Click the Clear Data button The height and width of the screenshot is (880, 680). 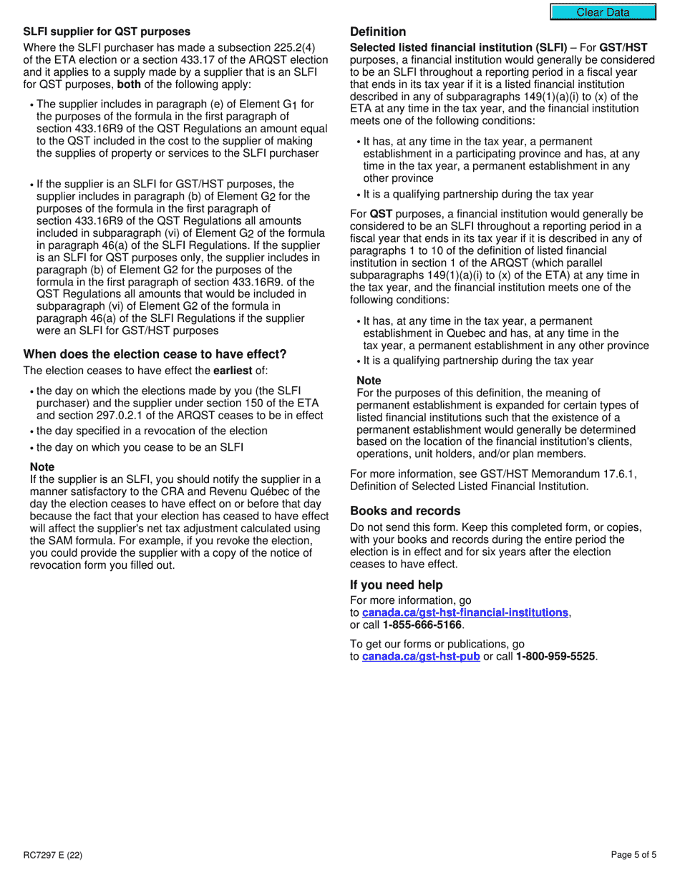click(x=603, y=12)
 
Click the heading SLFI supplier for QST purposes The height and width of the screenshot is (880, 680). click(x=107, y=31)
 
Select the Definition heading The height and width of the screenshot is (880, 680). click(x=378, y=31)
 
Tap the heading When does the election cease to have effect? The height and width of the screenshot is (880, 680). click(x=155, y=355)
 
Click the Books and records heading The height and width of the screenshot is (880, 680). click(x=405, y=511)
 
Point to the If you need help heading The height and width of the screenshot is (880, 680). click(x=397, y=585)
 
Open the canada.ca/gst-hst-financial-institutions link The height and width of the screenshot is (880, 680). click(x=465, y=612)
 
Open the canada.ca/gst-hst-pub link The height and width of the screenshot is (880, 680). click(x=421, y=656)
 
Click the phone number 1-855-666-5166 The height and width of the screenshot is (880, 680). click(x=422, y=625)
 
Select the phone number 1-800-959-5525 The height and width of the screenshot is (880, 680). click(x=555, y=656)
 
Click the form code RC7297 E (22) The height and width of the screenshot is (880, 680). click(x=47, y=855)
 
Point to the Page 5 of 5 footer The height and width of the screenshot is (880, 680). click(x=633, y=855)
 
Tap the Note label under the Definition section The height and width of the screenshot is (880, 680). click(x=369, y=381)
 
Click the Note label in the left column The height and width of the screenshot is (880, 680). click(x=42, y=467)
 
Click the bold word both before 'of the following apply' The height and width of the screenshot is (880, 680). click(x=131, y=85)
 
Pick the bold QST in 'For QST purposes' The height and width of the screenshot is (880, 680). click(x=381, y=214)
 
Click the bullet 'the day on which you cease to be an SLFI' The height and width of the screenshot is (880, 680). click(x=140, y=448)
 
